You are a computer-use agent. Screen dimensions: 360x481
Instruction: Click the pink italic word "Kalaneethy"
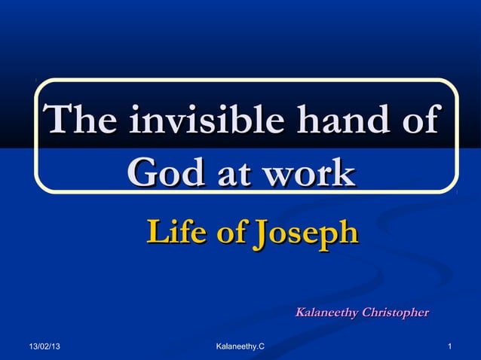(x=326, y=312)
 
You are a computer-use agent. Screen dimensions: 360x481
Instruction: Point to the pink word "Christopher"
(x=395, y=312)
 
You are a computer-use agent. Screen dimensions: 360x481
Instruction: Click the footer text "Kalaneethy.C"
(x=240, y=346)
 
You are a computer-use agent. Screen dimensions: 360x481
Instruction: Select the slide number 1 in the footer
(x=449, y=346)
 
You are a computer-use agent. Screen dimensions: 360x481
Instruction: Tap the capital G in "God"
(x=141, y=172)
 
